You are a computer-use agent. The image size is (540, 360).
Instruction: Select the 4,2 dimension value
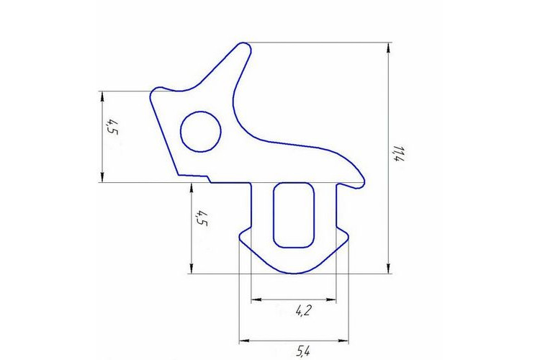pos(303,311)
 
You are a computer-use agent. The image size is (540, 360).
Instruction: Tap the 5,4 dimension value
pos(302,351)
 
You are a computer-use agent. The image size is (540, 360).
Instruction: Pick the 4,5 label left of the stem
pos(202,219)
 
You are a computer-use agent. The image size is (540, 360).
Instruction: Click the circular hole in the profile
pos(201,131)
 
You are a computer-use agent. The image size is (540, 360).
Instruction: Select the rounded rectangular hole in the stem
pos(294,215)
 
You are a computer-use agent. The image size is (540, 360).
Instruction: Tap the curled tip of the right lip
pos(361,184)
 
